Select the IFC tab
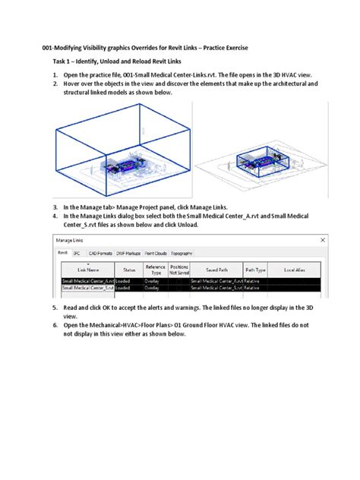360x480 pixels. tap(77, 252)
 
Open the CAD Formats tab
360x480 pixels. tap(99, 252)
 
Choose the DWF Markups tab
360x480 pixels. tap(129, 252)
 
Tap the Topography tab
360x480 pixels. tap(185, 252)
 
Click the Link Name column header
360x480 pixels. tap(87, 270)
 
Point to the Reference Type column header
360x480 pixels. tap(156, 270)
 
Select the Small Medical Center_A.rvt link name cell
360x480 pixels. tap(87, 280)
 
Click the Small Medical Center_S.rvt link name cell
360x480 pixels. tap(87, 288)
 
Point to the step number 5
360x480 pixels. tap(55, 308)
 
